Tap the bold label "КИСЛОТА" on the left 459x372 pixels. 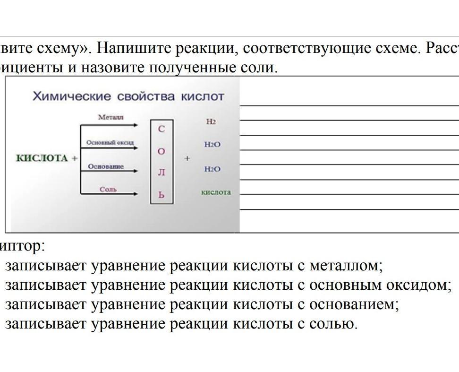[x=42, y=158]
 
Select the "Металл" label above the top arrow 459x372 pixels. [x=110, y=117]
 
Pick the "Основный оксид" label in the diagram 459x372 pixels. [x=110, y=142]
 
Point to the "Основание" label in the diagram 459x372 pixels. [x=106, y=166]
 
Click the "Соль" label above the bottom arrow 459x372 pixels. [x=108, y=190]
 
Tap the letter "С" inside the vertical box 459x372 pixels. [x=161, y=129]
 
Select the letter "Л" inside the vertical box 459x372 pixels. [x=161, y=173]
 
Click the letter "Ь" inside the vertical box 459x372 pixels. [x=161, y=194]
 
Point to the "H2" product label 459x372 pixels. [x=211, y=121]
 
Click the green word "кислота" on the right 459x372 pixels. [x=216, y=192]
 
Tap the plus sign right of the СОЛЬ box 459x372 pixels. [x=187, y=158]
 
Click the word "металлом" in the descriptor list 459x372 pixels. [x=345, y=266]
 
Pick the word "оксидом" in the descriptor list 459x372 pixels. [x=420, y=285]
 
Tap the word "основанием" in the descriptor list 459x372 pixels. [x=354, y=304]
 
